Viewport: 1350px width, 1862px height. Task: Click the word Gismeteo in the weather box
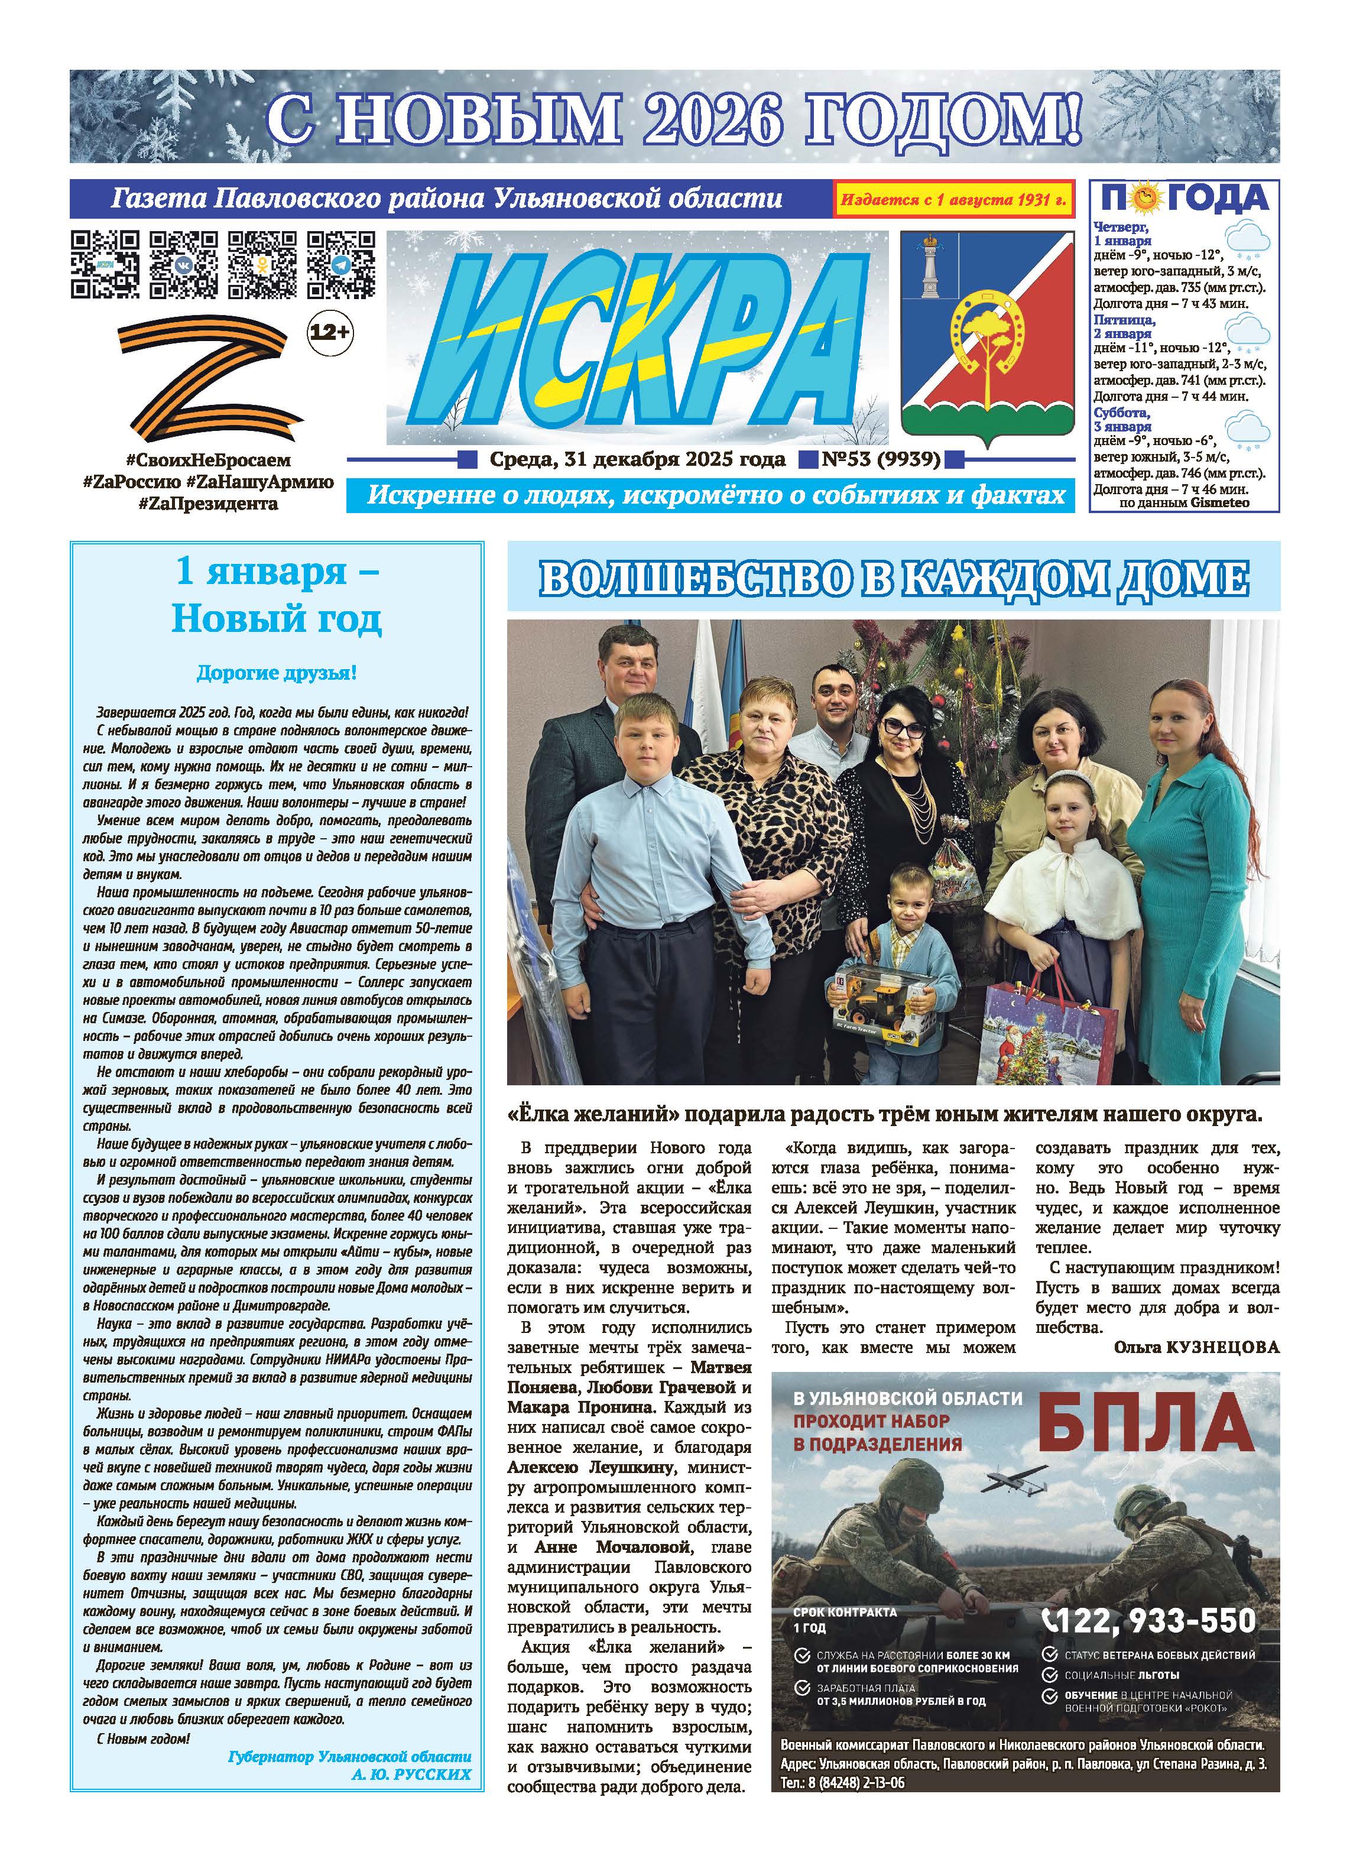point(1219,502)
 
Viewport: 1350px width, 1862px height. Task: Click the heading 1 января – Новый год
point(276,595)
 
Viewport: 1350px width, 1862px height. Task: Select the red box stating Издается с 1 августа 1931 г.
point(953,200)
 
